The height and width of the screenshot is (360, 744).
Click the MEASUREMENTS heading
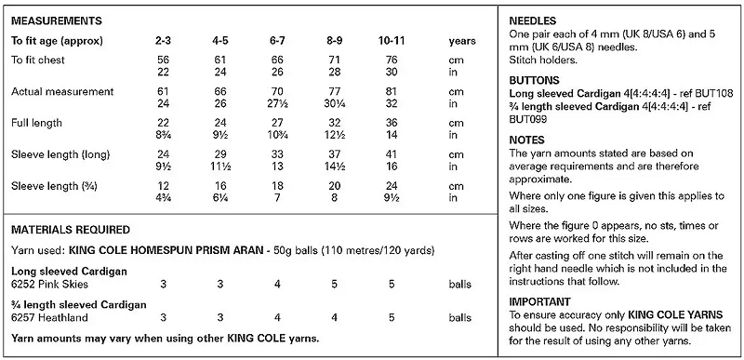click(57, 21)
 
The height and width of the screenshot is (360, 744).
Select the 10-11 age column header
click(392, 41)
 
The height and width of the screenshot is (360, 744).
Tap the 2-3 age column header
click(163, 41)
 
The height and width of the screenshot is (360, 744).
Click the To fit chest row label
click(38, 60)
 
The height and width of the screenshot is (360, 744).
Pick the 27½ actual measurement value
click(277, 103)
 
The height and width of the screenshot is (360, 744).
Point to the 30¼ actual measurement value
click(335, 103)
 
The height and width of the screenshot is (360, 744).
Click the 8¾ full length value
click(163, 135)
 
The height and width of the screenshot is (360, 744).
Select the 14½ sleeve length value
click(335, 167)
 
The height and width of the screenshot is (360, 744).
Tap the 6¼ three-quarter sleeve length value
click(220, 198)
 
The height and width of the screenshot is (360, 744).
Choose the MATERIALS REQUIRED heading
click(71, 230)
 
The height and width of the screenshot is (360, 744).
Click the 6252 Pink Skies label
click(49, 285)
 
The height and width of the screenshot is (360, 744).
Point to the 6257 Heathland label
click(49, 318)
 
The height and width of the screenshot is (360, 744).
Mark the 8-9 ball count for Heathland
click(335, 318)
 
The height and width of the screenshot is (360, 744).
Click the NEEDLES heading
click(532, 21)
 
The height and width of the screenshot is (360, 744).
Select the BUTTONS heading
click(534, 81)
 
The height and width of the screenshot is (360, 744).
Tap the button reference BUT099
click(528, 119)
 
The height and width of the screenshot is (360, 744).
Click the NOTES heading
click(526, 140)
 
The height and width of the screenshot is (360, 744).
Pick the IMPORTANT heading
click(540, 302)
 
